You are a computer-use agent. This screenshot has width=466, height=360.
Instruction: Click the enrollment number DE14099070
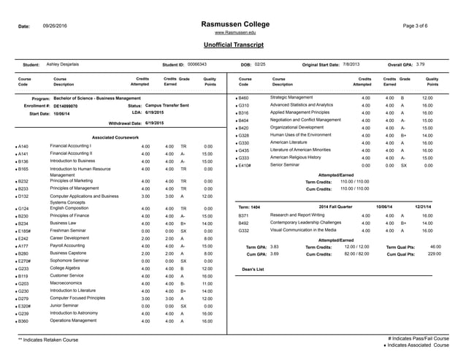(x=71, y=106)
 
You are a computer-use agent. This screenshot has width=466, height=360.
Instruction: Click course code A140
(x=23, y=146)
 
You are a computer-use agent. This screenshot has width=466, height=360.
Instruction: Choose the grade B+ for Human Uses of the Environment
(x=403, y=135)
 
